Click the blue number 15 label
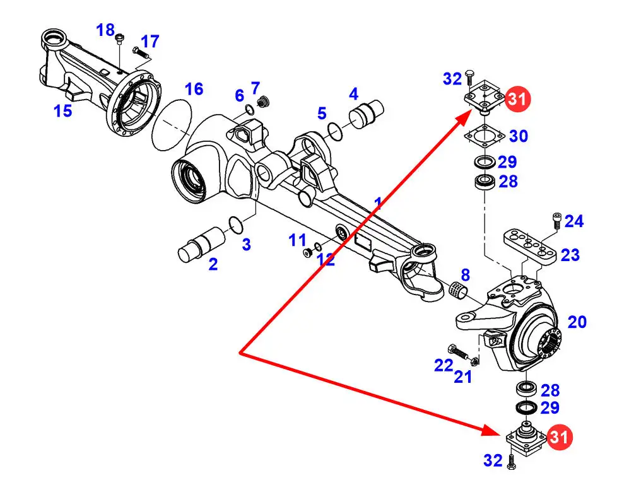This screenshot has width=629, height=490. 63,110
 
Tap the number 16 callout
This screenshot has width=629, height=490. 194,89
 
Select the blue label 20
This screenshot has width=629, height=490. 577,322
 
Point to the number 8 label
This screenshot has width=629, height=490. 466,275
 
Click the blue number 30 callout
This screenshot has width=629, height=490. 519,136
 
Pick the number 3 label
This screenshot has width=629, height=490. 246,244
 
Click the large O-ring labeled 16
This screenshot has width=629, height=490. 172,125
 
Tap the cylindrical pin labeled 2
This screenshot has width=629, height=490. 201,244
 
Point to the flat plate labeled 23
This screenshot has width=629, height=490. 530,247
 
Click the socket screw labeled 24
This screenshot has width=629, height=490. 556,221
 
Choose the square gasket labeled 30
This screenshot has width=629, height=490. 485,137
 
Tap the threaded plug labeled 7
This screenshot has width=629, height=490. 262,102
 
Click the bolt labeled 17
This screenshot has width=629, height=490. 141,52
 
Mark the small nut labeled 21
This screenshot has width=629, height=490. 474,361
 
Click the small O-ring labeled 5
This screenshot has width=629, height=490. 335,132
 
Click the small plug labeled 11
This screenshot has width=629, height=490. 307,253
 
